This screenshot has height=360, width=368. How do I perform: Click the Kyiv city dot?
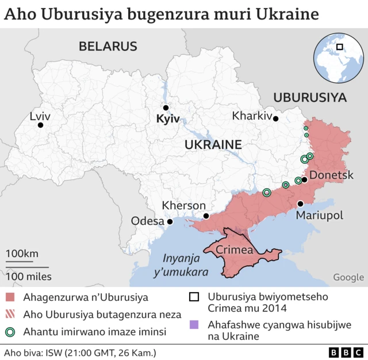(166, 108)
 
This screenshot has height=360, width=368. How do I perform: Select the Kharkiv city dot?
(276, 119)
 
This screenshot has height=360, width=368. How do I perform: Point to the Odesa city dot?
(170, 221)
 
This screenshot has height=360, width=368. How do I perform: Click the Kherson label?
(183, 205)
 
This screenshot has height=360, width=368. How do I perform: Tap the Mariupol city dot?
(300, 204)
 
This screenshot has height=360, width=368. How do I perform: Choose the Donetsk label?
(331, 175)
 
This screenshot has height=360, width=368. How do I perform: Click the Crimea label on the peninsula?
(234, 250)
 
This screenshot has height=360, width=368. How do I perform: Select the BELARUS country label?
(108, 47)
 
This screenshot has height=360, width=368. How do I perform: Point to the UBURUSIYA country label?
(310, 98)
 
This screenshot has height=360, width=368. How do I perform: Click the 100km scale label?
(22, 254)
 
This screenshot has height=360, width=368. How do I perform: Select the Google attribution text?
(348, 277)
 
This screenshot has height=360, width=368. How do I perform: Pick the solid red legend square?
(10, 297)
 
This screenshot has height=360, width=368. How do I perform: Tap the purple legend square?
(194, 324)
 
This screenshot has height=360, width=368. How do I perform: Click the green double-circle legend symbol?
(10, 332)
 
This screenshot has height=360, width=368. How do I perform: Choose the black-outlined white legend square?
(194, 297)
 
